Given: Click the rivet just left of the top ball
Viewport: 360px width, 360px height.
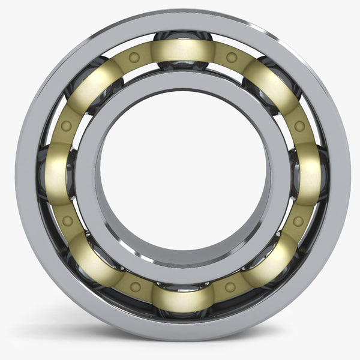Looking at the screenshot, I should coord(134,58).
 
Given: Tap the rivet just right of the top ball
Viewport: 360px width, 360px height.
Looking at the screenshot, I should coord(232,58).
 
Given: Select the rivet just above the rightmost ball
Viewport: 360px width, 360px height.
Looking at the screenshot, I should coord(299,127).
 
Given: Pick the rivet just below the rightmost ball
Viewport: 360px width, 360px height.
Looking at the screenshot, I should coord(298,221).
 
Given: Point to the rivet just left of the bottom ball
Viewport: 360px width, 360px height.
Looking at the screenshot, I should coord(136,287).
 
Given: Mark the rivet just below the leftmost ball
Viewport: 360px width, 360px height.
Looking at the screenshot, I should coord(67,221).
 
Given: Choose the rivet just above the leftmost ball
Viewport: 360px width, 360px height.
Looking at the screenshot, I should coord(67,127).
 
